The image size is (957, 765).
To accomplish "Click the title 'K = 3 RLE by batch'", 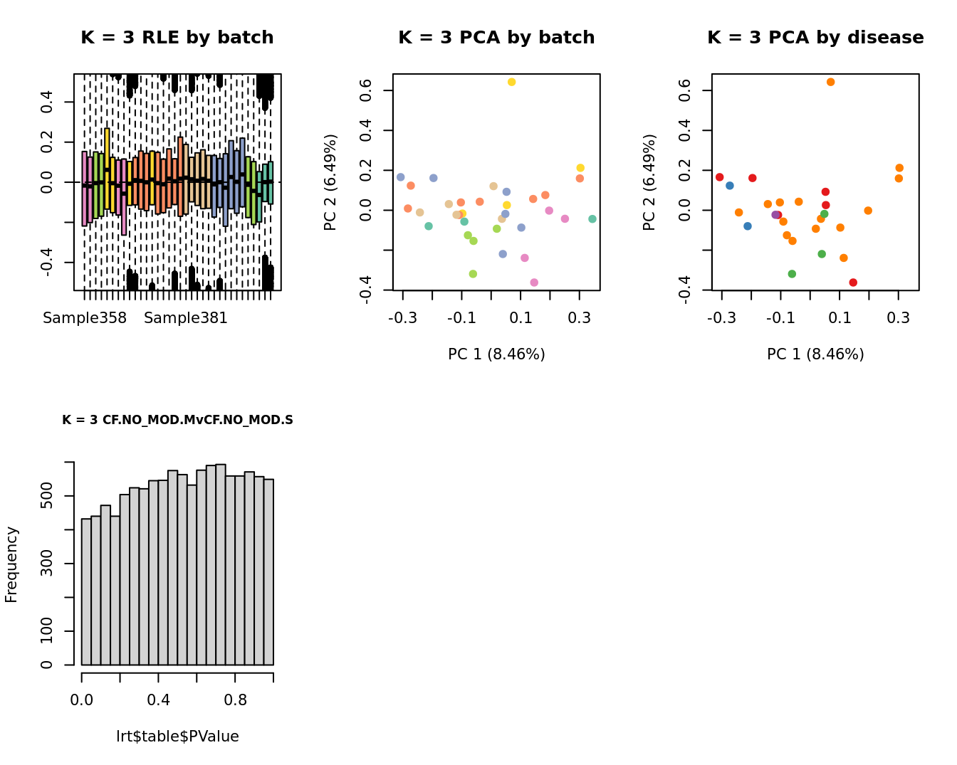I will pos(177,38).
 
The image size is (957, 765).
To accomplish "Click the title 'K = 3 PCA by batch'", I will pos(496,38).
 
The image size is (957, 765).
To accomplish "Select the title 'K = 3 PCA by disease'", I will pos(815,38).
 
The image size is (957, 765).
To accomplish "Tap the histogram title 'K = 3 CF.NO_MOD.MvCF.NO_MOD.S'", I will pos(177,420).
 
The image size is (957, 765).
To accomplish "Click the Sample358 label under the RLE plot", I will pos(85,318).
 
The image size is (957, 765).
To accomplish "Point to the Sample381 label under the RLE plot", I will pos(186,318).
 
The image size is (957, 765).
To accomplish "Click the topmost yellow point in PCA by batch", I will pos(511,83).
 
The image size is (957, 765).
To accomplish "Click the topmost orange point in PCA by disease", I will pos(830,83).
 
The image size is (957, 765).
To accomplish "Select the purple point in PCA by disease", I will pos(775,215).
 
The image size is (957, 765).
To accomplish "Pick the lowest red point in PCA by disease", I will pos(853,283).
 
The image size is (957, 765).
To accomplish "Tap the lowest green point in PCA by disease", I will pos(792,274).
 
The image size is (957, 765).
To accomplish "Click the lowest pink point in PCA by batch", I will pos(534,283).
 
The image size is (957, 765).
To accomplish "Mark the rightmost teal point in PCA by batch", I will pos(592,219).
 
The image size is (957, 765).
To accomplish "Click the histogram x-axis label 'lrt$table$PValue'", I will pos(177,737).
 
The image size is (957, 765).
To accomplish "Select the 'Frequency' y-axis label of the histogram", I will pos(11,564).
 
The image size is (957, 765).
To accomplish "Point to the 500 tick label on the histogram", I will pos(47,496).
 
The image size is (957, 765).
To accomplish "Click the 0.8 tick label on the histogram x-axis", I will pos(236,700).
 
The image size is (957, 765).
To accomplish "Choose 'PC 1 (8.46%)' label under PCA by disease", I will pos(815,354).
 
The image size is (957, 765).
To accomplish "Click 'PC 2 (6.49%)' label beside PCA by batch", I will pos(330,182).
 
